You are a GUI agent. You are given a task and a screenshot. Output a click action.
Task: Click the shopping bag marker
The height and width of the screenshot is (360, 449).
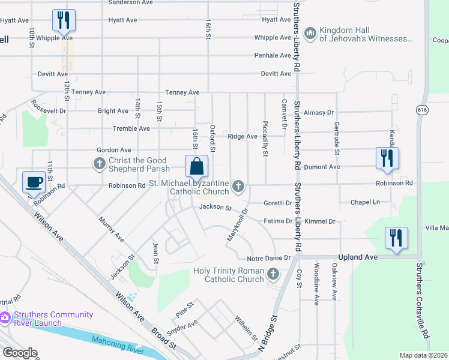point(197,166)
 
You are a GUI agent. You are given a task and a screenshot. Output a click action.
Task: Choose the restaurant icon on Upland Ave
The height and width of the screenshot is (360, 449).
point(397,238)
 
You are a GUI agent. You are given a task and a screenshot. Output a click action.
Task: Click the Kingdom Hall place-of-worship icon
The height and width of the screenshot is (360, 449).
point(310,34)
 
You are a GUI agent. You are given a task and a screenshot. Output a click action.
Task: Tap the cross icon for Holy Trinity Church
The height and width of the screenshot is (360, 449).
point(273,275)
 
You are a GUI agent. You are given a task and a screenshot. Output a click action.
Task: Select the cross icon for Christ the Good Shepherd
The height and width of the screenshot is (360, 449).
point(100,163)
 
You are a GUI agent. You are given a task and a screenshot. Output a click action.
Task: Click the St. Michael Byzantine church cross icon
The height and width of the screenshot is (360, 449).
point(238,187)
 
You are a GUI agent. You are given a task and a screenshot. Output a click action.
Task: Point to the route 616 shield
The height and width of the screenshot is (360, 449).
point(423,109)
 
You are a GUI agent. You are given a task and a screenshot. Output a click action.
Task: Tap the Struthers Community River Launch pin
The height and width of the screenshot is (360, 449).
point(5,317)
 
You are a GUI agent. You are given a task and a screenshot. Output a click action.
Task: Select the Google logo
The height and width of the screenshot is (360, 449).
point(20,353)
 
